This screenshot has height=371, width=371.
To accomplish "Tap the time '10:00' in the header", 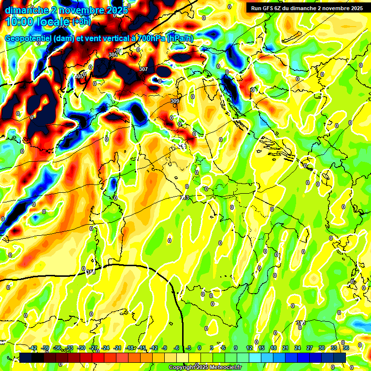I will click(x=19, y=22).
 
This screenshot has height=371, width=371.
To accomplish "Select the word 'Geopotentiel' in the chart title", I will click(x=28, y=39).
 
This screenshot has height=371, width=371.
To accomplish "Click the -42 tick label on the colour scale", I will click(x=33, y=348).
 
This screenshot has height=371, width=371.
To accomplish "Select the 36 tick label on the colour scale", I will click(x=346, y=348).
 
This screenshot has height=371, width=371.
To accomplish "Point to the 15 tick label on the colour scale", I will click(x=261, y=348).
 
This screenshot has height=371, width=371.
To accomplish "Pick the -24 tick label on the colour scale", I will click(x=105, y=348).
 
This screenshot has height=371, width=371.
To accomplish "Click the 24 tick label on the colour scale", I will click(x=298, y=348).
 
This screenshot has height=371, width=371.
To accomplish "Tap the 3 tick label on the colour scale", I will click(x=212, y=348).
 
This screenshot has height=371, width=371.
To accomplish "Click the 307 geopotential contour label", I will click(x=143, y=69).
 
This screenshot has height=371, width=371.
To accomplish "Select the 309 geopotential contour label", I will click(x=175, y=101).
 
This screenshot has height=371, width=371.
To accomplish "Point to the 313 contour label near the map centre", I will click(x=185, y=198).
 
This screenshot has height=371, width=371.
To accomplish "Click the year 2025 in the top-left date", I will click(x=117, y=10).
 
